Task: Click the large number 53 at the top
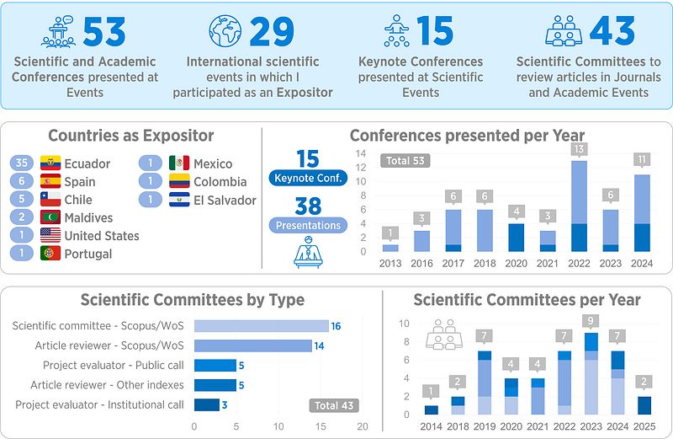click(x=103, y=31)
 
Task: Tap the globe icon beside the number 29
click(x=225, y=31)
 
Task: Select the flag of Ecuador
click(x=50, y=163)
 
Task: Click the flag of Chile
click(x=50, y=200)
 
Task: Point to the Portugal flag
click(x=50, y=254)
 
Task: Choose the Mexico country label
click(x=213, y=163)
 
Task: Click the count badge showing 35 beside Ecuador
click(x=23, y=163)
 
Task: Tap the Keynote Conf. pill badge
click(x=308, y=178)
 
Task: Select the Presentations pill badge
click(x=308, y=225)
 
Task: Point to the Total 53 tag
click(x=405, y=160)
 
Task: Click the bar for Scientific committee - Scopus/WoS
click(x=261, y=326)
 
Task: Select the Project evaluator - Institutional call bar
click(x=206, y=404)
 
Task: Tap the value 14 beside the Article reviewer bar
click(x=320, y=345)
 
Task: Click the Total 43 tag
click(x=334, y=405)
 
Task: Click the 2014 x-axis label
click(x=431, y=426)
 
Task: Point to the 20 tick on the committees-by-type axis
click(x=363, y=426)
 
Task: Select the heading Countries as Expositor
click(x=131, y=136)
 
